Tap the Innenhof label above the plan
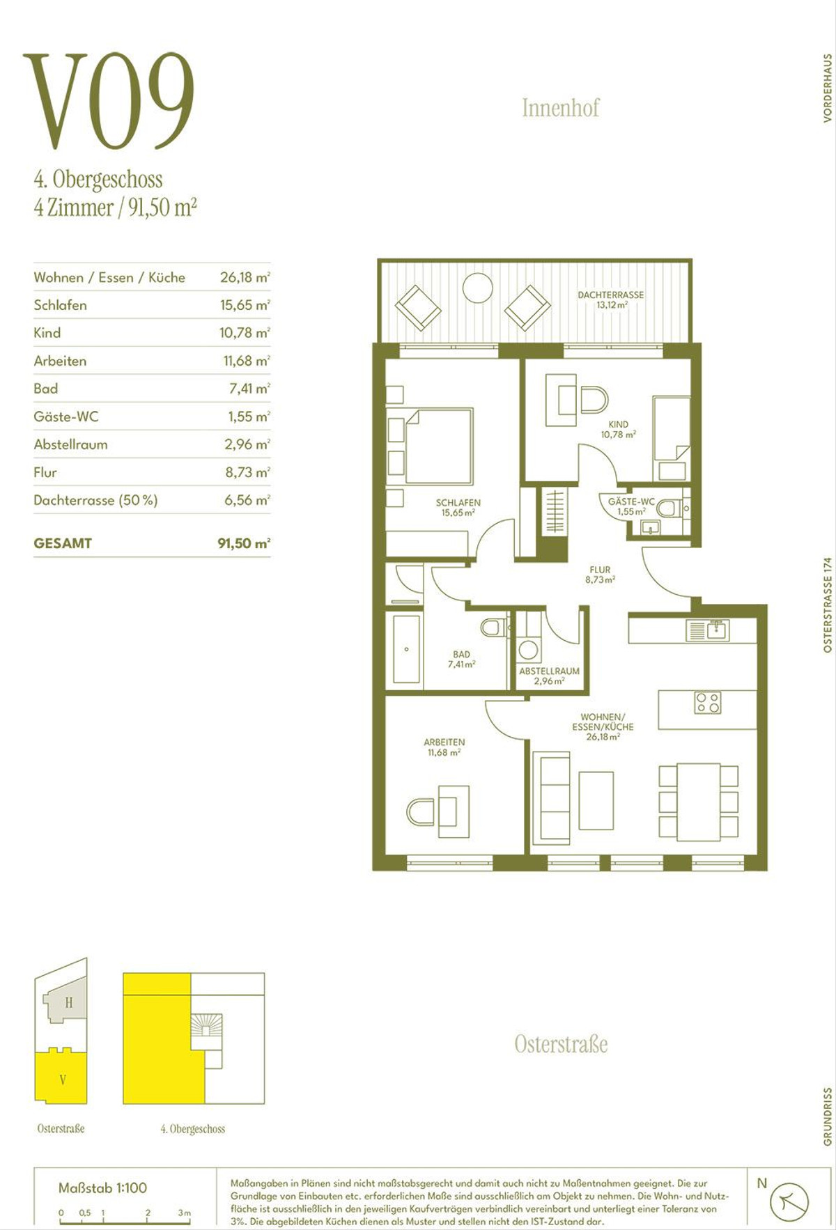coord(560,108)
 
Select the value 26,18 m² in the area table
coord(245,277)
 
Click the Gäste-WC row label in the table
coord(66,417)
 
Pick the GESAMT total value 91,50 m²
coord(244,543)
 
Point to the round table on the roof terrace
coord(478,288)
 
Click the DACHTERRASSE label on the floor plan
coord(611,295)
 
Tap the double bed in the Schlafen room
coord(439,446)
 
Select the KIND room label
coord(618,424)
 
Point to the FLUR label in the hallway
coord(600,570)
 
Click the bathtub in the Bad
coord(407,648)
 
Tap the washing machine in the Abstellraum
coord(529,649)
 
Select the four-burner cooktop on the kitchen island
coord(708,703)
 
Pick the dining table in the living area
coord(699,802)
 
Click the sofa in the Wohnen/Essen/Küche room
coord(551,798)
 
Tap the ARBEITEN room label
coord(444,742)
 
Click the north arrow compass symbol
coord(789,1202)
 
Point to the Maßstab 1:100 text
coord(103,1188)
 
